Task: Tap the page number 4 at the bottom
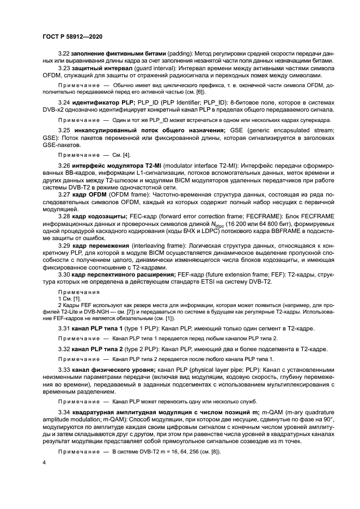click(44, 462)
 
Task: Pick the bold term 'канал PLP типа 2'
click(99, 348)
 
